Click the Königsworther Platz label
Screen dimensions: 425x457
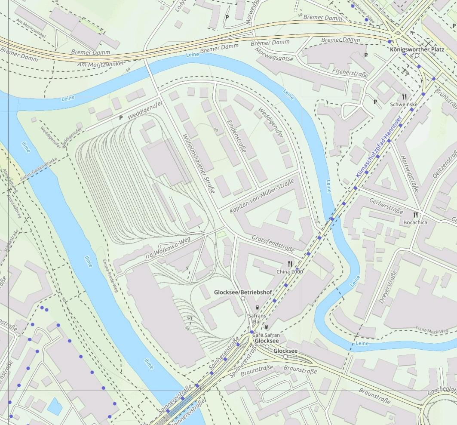(x=417, y=49)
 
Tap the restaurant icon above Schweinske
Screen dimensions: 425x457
(x=405, y=97)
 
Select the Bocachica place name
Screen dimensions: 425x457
(x=415, y=222)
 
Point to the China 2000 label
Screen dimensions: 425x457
(x=289, y=272)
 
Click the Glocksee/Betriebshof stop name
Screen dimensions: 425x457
(x=243, y=293)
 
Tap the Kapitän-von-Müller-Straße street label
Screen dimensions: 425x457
(x=262, y=197)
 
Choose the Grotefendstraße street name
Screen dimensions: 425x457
(x=273, y=243)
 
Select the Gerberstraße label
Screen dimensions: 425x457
(x=386, y=205)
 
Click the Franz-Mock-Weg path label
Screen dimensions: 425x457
(x=432, y=330)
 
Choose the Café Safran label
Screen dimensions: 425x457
(x=266, y=335)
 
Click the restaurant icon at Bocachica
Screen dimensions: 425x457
(x=415, y=214)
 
